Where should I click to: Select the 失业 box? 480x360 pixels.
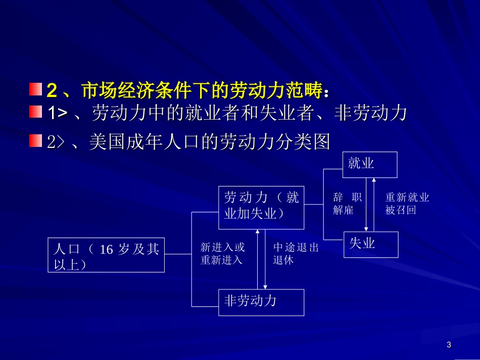[370, 244]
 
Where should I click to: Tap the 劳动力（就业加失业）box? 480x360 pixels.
[261, 206]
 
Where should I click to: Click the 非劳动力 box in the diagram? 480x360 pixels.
[261, 302]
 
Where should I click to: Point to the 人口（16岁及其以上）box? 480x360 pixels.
[106, 254]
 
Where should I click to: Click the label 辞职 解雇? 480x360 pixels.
[347, 204]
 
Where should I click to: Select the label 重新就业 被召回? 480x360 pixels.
[407, 204]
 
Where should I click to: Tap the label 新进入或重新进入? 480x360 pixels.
[222, 254]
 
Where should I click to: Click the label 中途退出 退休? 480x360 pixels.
[296, 254]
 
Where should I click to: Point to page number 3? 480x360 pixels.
[449, 345]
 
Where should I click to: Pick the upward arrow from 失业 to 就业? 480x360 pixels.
[374, 204]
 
